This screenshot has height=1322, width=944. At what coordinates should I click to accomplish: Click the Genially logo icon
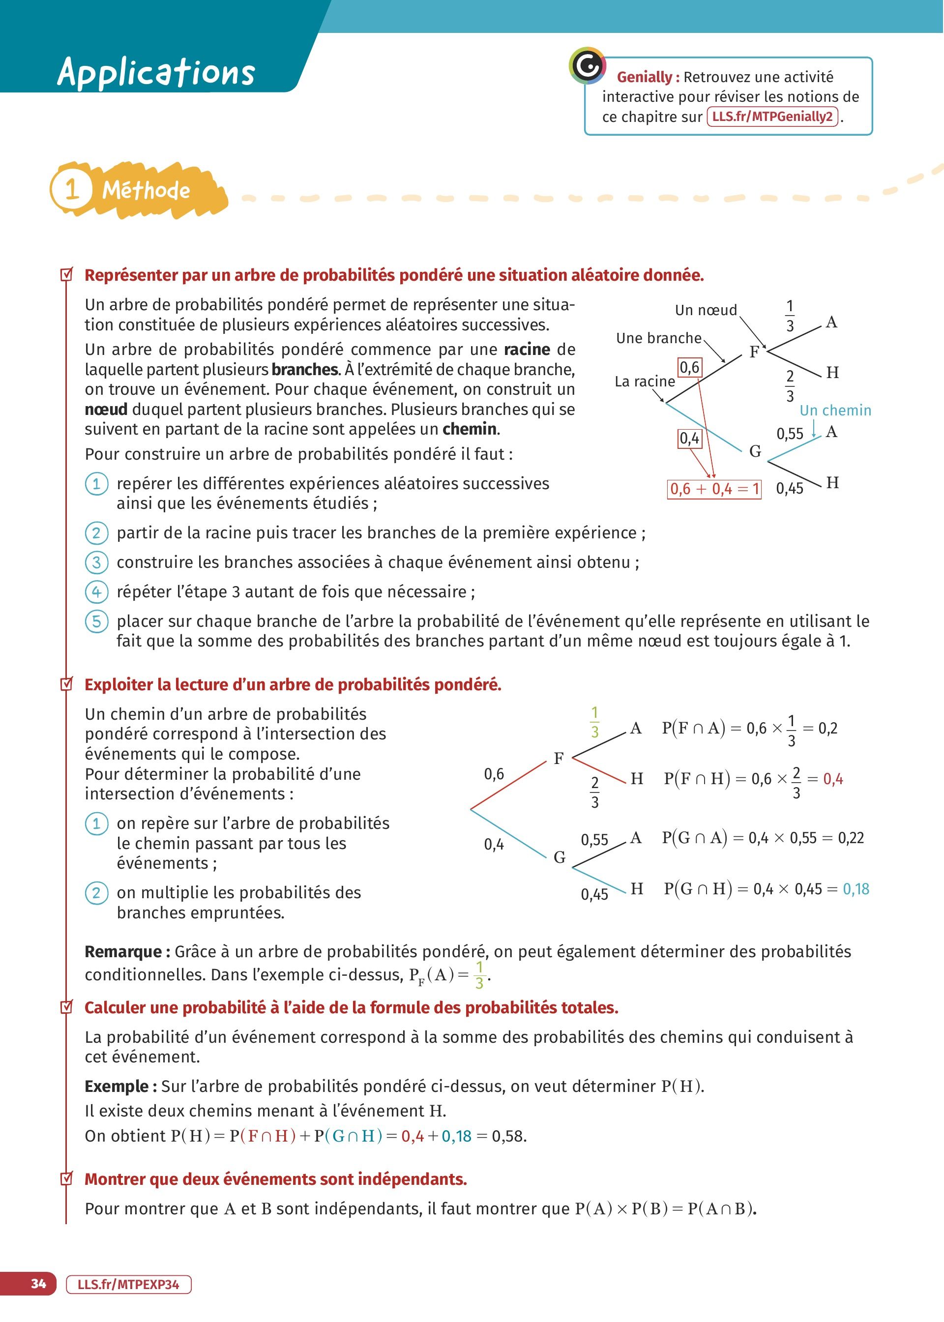pyautogui.click(x=587, y=66)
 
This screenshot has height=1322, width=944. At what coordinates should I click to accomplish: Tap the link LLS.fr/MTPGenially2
pyautogui.click(x=772, y=117)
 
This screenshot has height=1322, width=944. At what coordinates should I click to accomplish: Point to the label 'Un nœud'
pyautogui.click(x=706, y=310)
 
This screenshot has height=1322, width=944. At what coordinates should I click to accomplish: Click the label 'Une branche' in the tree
pyautogui.click(x=659, y=338)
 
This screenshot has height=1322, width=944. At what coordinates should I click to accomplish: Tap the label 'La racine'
pyautogui.click(x=645, y=382)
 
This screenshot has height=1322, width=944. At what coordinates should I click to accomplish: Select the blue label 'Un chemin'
pyautogui.click(x=835, y=410)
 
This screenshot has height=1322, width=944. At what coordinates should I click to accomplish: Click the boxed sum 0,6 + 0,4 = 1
pyautogui.click(x=714, y=489)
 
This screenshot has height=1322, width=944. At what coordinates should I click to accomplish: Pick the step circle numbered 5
pyautogui.click(x=96, y=621)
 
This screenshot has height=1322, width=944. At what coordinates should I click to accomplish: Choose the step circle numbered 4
pyautogui.click(x=96, y=591)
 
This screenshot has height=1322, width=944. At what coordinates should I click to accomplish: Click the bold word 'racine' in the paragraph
pyautogui.click(x=527, y=349)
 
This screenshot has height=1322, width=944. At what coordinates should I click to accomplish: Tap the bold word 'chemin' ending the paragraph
pyautogui.click(x=470, y=429)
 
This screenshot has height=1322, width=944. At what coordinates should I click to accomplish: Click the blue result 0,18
pyautogui.click(x=855, y=889)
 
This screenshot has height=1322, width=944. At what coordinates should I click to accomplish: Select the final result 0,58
pyautogui.click(x=508, y=1136)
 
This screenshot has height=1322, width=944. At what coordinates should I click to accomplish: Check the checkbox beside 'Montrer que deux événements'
pyautogui.click(x=67, y=1178)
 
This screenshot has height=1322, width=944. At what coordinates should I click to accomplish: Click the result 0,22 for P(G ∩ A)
pyautogui.click(x=851, y=838)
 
